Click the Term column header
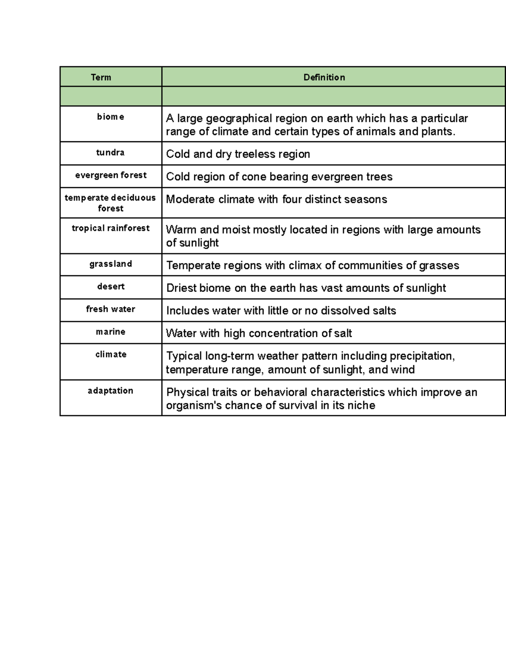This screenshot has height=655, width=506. click(101, 77)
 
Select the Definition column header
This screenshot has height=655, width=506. click(324, 77)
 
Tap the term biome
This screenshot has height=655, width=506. click(110, 117)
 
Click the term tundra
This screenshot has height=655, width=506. click(110, 153)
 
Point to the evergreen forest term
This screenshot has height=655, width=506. click(111, 175)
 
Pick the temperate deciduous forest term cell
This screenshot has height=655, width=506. click(110, 203)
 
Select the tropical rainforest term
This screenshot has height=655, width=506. click(111, 228)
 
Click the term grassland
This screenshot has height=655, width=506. click(110, 264)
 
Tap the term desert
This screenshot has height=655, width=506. click(111, 287)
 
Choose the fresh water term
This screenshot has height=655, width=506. click(110, 309)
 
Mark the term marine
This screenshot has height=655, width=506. click(110, 332)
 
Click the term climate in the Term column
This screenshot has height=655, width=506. click(111, 355)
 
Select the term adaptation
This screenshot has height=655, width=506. click(110, 391)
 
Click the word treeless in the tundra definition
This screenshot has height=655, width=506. click(255, 154)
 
